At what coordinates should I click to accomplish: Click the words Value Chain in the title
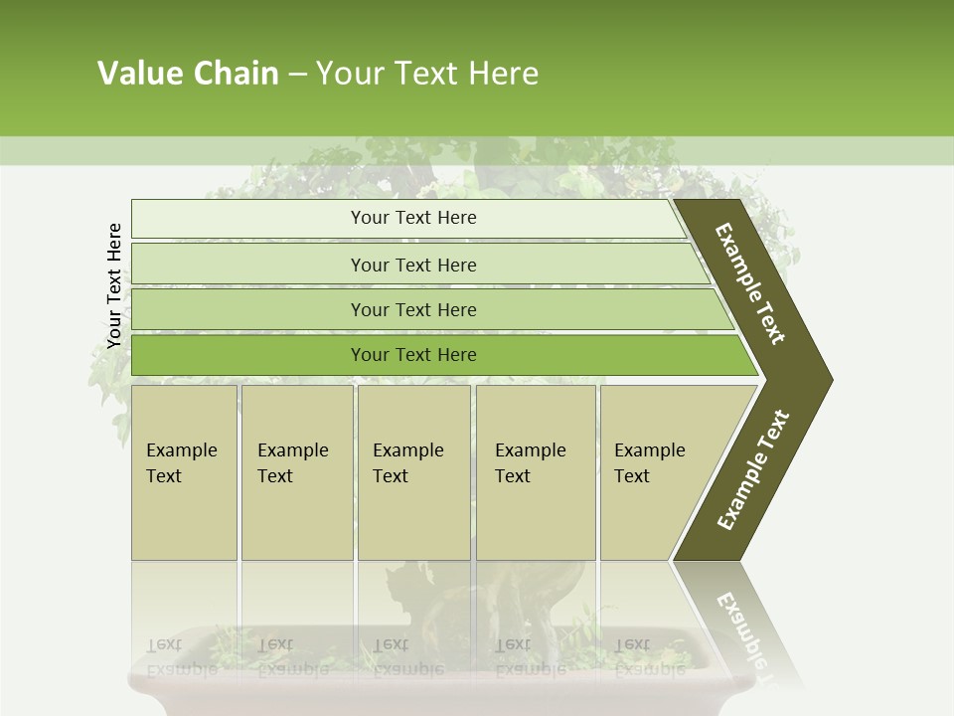coord(188,74)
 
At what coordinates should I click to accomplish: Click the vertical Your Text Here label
coord(114,285)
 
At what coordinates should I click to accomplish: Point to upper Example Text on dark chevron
coord(750,283)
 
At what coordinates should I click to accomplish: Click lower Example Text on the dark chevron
coord(753,469)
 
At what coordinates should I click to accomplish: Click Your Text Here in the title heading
coord(427,74)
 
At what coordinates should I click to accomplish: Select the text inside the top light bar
coord(413,218)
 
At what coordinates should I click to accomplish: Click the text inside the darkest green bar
coord(413,355)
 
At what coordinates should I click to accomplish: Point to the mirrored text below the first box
coord(182,656)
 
